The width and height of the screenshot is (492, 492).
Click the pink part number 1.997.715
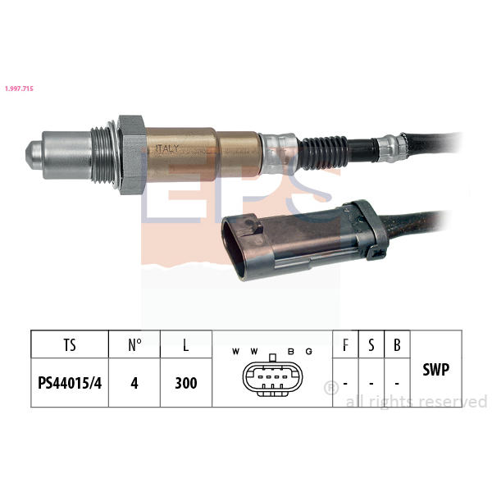coord(19,89)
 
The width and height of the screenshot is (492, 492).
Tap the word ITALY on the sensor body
coord(167,148)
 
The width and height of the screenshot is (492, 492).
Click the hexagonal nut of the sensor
coord(132,155)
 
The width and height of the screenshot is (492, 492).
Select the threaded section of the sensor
coord(103,155)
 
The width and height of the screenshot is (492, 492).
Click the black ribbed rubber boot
coord(323,153)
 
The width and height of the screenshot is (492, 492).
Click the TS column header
coord(70,344)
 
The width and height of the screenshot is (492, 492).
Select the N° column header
coord(134,344)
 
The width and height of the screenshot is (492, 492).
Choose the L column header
coord(186,344)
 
